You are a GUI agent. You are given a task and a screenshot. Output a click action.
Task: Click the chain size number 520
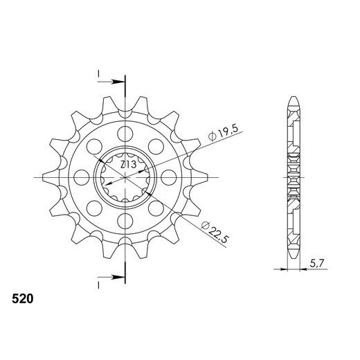click(x=21, y=301)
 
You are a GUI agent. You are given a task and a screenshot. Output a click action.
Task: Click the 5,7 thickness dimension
click(x=314, y=264)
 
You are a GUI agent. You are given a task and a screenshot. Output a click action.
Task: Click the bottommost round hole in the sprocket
click(x=125, y=222)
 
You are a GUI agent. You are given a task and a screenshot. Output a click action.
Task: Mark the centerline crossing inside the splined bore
click(x=125, y=178)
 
